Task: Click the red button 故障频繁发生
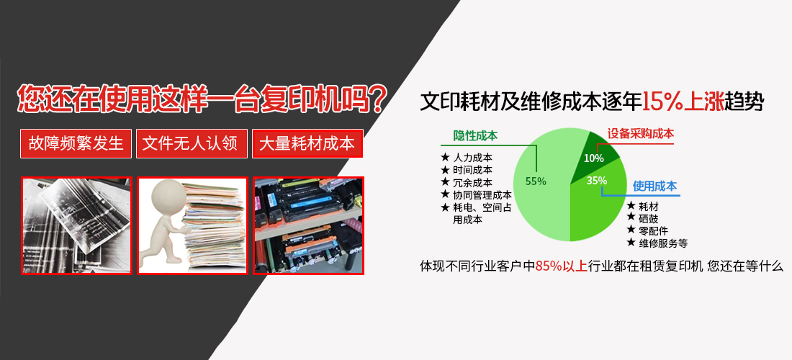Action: (x=76, y=143)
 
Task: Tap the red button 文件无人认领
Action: (x=192, y=143)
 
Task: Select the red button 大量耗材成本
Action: (x=307, y=143)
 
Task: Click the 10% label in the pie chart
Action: (x=593, y=158)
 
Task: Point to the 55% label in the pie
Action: (x=536, y=181)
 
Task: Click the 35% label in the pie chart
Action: (x=597, y=180)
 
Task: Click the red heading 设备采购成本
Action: (x=641, y=134)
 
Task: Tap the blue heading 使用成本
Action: (x=654, y=186)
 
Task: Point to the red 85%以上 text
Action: (x=561, y=266)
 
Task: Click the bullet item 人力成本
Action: (x=473, y=157)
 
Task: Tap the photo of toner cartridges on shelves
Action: (x=309, y=225)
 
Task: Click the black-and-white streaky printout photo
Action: (x=76, y=225)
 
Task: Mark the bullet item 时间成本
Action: (x=473, y=170)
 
